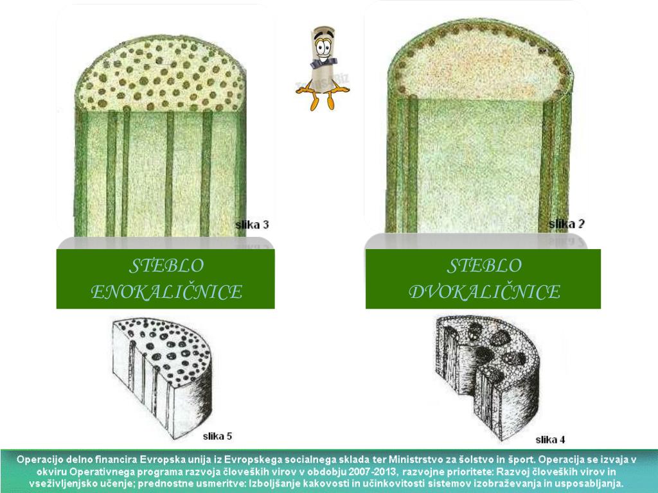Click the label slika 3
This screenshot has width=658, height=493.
[x=252, y=225]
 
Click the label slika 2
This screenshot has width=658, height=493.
[x=567, y=224]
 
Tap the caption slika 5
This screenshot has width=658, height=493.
[x=217, y=437]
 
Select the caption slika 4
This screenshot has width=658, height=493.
[x=550, y=440]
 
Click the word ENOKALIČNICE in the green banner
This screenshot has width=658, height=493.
[x=166, y=292]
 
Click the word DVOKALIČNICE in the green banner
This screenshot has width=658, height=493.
[x=485, y=292]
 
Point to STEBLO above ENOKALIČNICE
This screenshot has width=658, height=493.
[x=166, y=266]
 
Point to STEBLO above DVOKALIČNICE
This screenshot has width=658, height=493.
[x=485, y=266]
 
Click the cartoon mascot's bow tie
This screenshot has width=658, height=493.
[x=324, y=63]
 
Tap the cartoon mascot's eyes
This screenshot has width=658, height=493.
[x=323, y=46]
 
